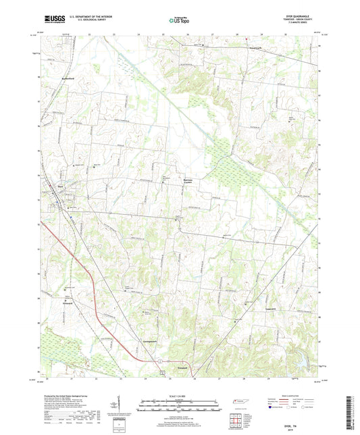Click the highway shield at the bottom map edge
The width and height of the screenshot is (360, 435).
[x=161, y=374]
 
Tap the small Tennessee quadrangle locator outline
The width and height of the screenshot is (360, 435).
[x=239, y=403]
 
